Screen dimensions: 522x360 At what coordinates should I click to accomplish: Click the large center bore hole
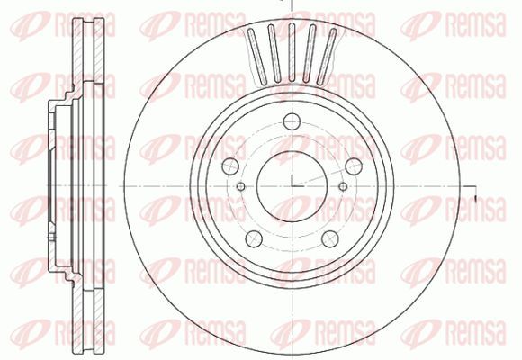point(292,186)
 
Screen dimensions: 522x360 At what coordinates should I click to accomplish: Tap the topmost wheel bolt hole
point(292,121)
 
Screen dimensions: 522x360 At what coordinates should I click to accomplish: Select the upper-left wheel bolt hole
point(230,166)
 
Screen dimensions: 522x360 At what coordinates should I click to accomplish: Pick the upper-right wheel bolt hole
point(354,166)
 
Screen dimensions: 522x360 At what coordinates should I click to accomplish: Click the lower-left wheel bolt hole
point(254,238)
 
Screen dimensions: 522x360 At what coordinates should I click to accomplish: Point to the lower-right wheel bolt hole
point(330,238)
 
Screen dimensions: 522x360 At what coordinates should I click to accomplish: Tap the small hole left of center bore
point(241,186)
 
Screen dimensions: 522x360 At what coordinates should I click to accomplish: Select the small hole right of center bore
point(343,186)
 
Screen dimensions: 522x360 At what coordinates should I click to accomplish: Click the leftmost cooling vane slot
point(258,57)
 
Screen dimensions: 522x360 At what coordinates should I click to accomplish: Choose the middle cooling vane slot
point(292,52)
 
